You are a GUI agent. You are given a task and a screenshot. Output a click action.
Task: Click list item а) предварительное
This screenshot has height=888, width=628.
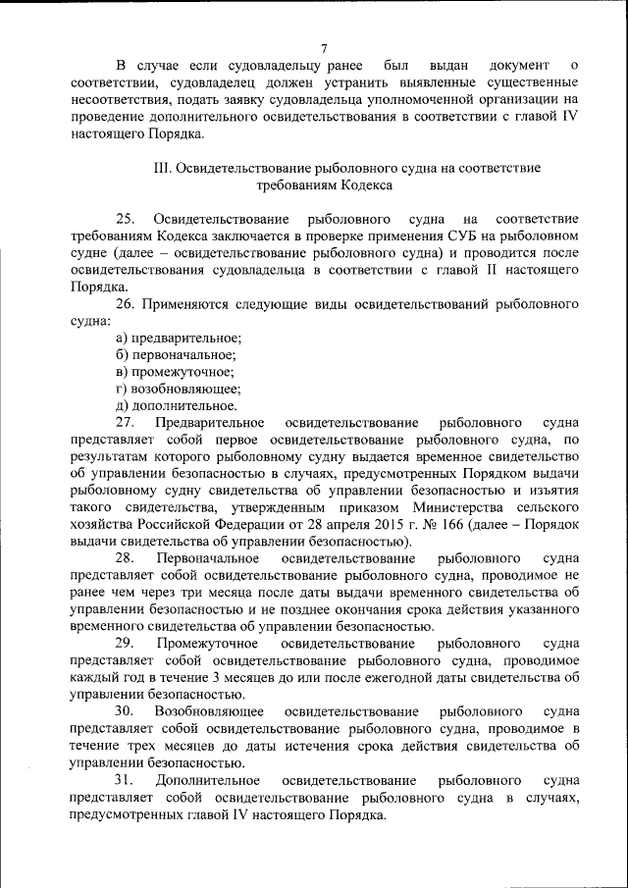(x=178, y=338)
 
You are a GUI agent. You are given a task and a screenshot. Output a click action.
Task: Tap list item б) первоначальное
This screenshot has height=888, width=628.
(x=176, y=354)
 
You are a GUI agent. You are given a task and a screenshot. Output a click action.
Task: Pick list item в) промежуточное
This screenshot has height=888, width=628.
(x=174, y=371)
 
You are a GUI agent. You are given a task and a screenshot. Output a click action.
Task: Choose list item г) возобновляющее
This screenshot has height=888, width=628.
(x=178, y=388)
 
